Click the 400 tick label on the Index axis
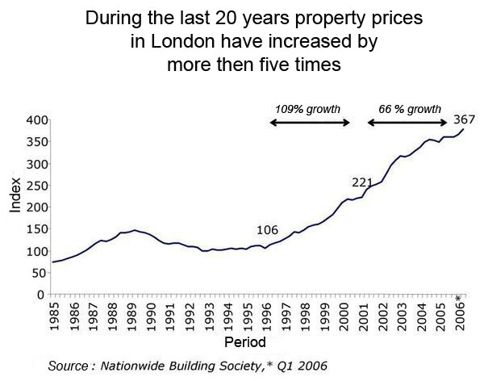[x=36, y=119]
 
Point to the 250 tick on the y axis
[x=36, y=186]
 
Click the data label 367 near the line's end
[x=463, y=119]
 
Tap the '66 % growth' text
[x=410, y=109]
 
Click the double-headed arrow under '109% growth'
[x=310, y=123]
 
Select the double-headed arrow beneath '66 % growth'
[x=407, y=123]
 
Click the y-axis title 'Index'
[x=15, y=195]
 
